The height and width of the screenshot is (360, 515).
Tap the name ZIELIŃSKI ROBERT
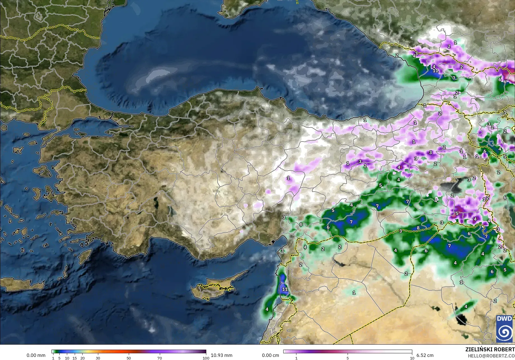[x=490, y=349]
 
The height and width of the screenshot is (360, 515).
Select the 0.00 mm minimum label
[x=36, y=355]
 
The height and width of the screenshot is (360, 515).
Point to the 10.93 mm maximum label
[x=221, y=355]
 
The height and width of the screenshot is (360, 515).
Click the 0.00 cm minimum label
[x=270, y=355]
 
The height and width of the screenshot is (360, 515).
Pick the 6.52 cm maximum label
[x=425, y=355]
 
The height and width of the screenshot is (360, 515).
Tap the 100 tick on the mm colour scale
[x=206, y=358]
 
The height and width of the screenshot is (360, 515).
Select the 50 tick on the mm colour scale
[x=129, y=358]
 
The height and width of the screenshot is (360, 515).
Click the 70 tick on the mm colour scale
[x=160, y=358]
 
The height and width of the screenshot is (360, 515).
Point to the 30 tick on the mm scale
[x=98, y=358]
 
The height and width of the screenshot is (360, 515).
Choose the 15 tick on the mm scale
[x=75, y=358]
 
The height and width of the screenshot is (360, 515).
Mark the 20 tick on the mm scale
[x=82, y=358]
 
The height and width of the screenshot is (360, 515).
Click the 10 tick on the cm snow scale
[x=412, y=358]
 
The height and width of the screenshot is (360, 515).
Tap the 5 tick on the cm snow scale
[x=348, y=358]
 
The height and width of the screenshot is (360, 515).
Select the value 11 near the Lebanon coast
[x=285, y=289]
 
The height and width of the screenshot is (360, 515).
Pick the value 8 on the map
[x=418, y=228]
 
